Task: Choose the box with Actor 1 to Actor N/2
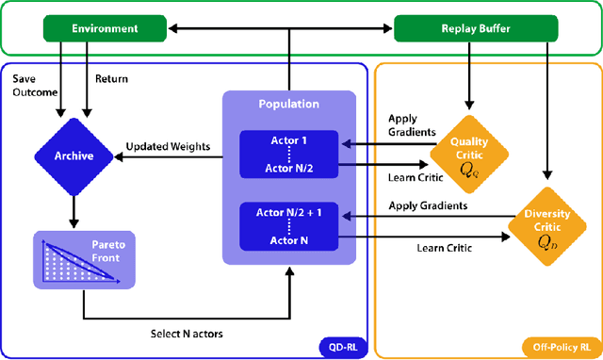tap(288, 154)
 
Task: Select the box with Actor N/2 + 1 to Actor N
tap(288, 226)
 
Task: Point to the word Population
tap(288, 105)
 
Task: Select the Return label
tap(112, 79)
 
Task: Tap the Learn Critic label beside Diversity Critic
tap(444, 248)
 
